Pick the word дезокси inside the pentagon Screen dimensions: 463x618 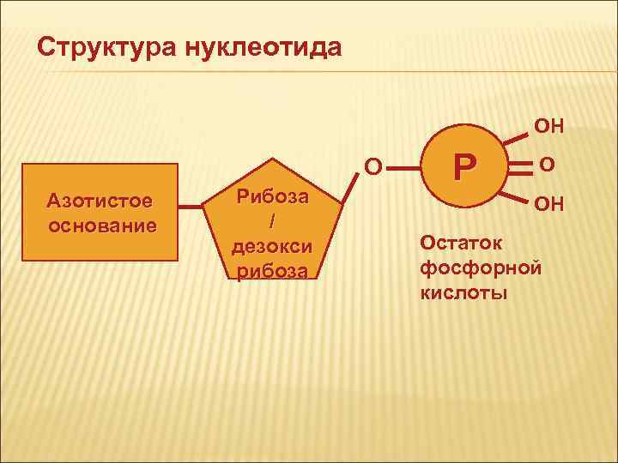270,246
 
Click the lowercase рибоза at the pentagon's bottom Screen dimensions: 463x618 270,270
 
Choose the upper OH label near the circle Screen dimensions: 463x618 549,126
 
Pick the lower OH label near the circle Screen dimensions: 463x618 549,205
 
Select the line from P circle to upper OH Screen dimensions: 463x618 514,136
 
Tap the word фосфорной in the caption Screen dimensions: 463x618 481,268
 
